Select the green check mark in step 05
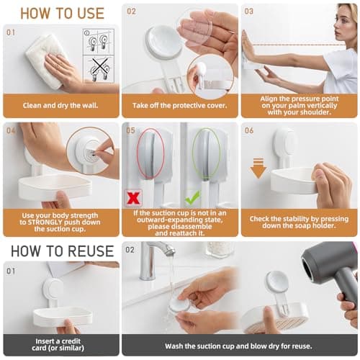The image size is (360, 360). click(192, 197)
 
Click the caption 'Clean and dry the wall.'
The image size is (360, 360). click(60, 104)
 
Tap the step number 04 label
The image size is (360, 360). click(11, 130)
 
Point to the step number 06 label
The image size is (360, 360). click(249, 130)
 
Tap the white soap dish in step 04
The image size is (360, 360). click(54, 185)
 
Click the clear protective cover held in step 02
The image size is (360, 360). click(195, 32)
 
